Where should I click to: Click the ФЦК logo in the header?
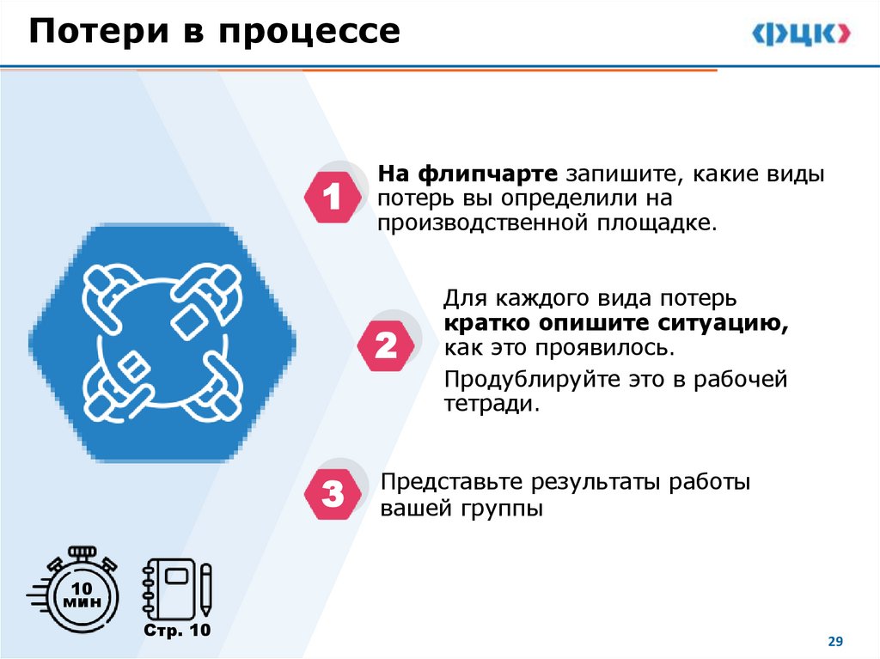pyautogui.click(x=802, y=34)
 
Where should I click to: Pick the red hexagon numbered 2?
pyautogui.click(x=386, y=346)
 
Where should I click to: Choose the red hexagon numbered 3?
pyautogui.click(x=333, y=495)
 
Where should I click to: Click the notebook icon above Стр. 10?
pyautogui.click(x=168, y=588)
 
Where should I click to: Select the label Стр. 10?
pyautogui.click(x=176, y=632)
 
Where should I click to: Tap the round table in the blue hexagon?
pyautogui.click(x=162, y=344)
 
